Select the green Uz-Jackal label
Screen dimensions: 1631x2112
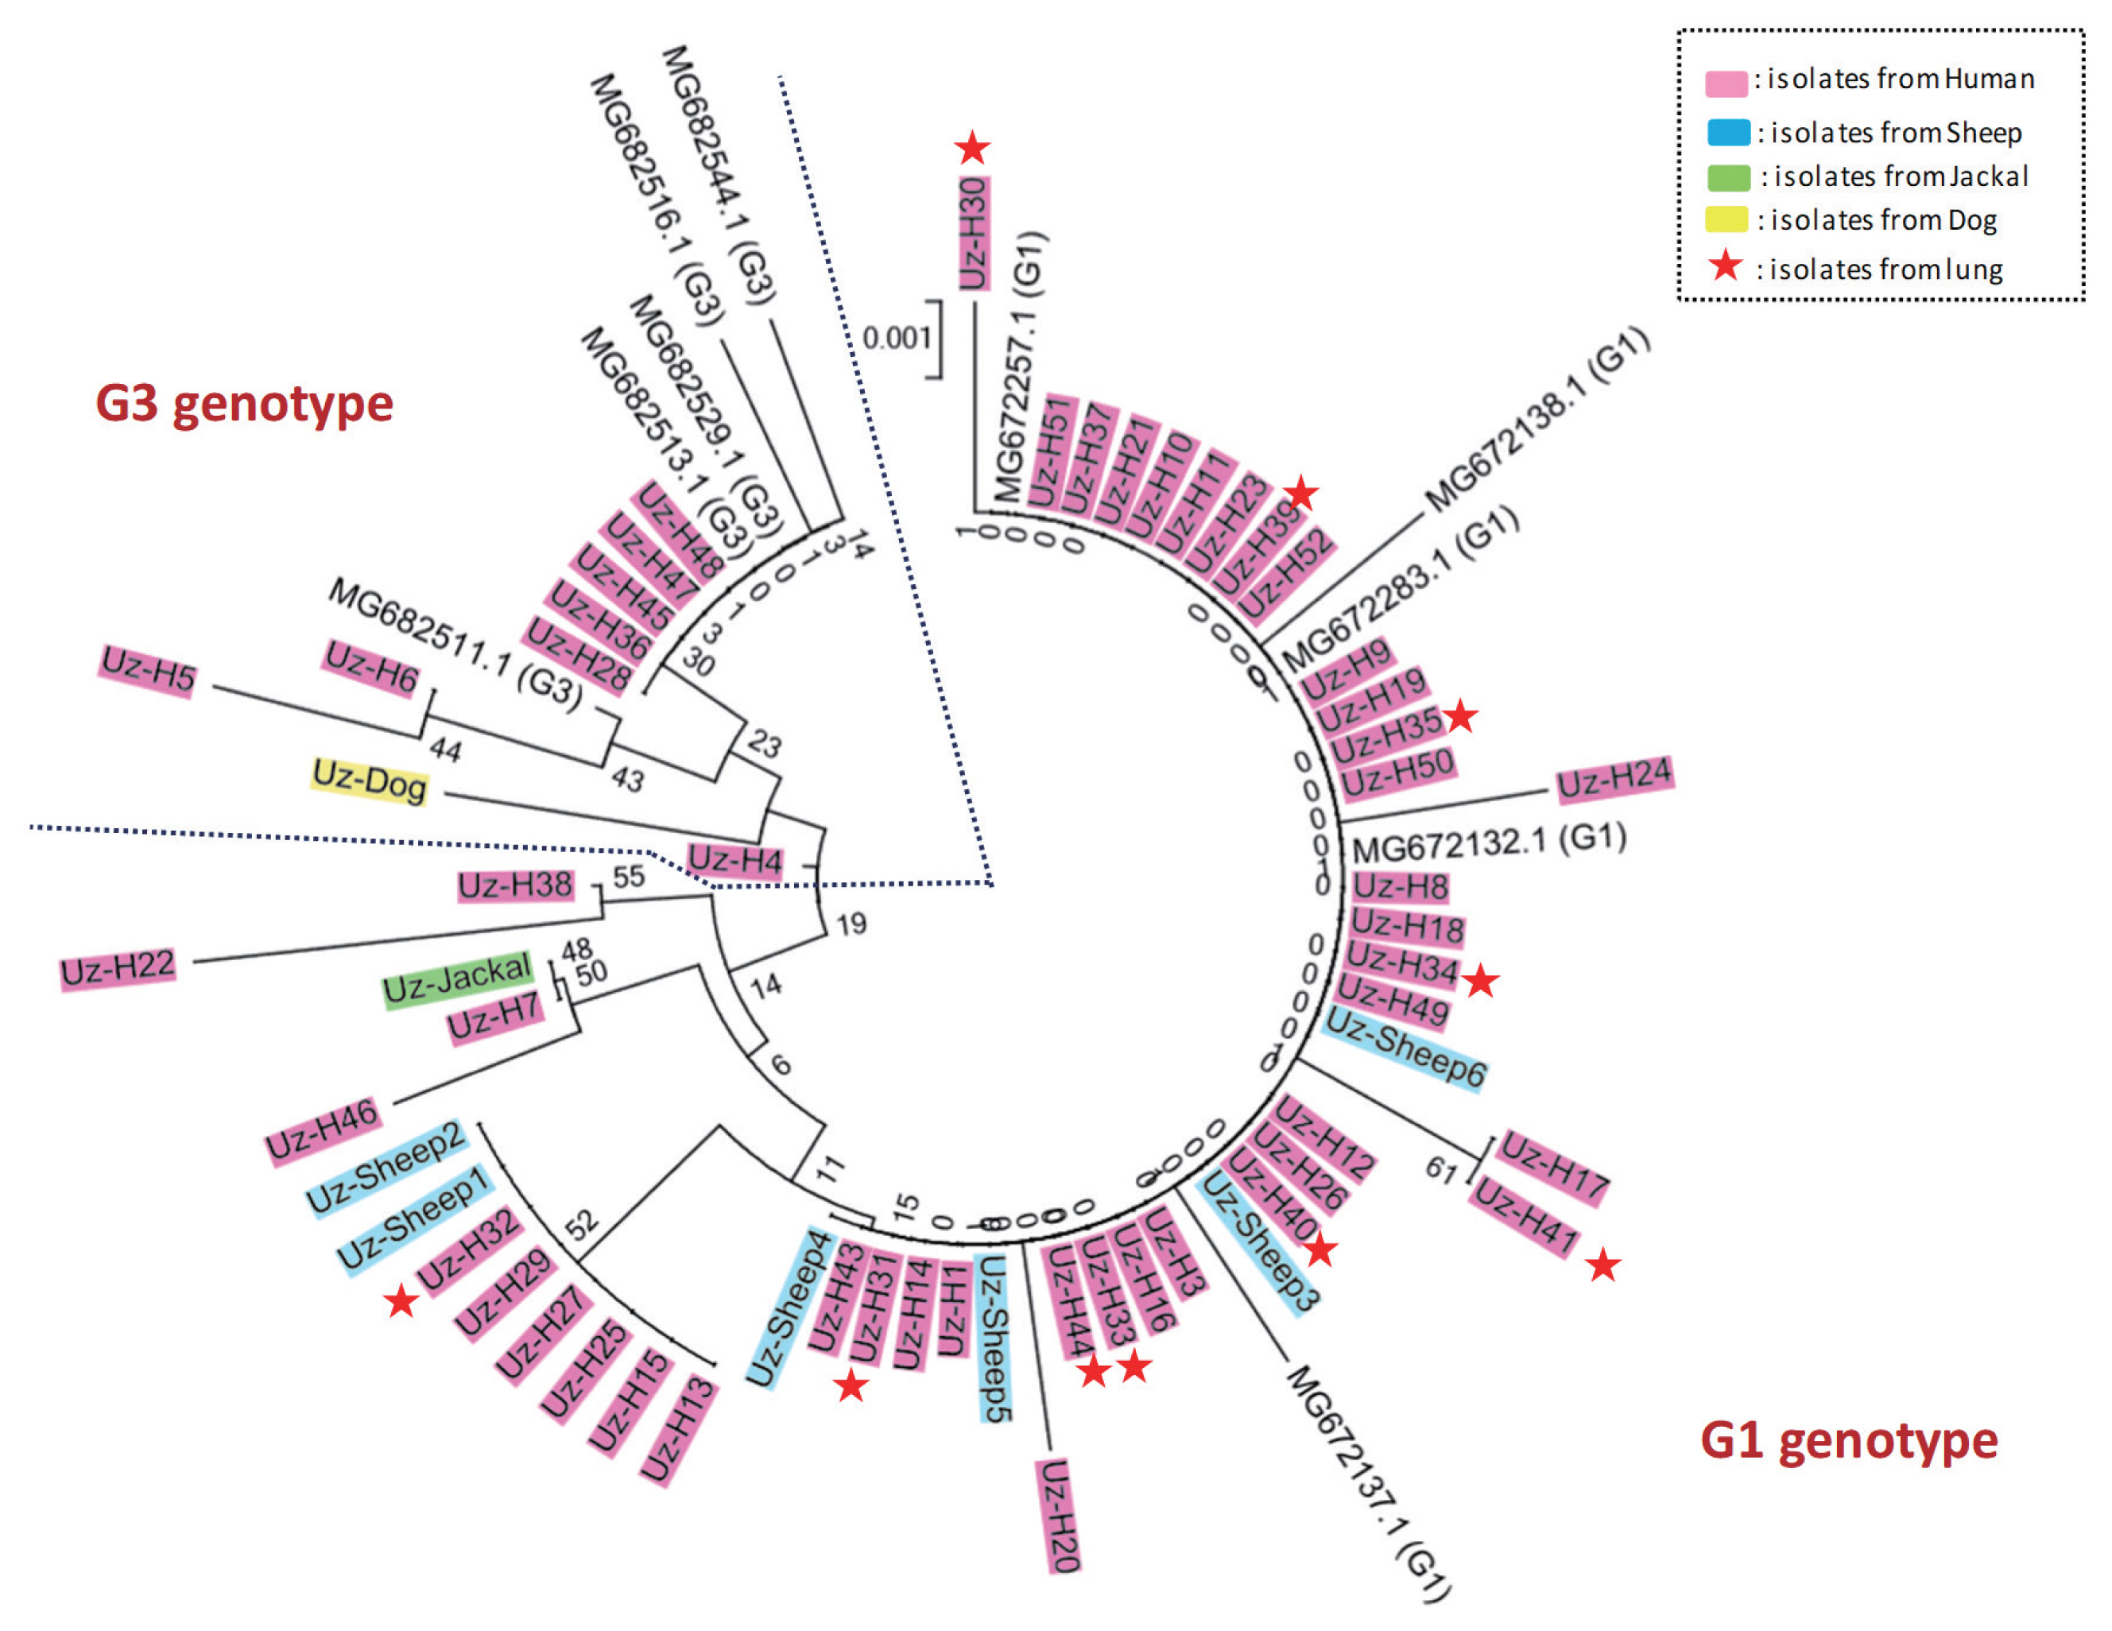[457, 978]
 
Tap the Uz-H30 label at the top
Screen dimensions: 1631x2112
[974, 233]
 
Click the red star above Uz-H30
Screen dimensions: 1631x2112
[972, 148]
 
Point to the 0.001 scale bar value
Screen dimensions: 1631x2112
[896, 338]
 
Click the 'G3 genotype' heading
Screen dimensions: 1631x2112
[245, 403]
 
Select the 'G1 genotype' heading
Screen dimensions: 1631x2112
[1849, 1440]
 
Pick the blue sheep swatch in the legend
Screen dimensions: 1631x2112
[1728, 133]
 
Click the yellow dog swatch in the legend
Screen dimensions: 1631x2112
[1726, 219]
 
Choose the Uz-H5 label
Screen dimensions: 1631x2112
[148, 669]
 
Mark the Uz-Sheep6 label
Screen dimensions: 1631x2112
[1404, 1047]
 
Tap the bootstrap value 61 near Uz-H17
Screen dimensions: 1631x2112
[1441, 1170]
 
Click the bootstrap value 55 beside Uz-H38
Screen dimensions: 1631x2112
[629, 876]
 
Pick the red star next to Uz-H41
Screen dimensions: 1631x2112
[1603, 1265]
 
